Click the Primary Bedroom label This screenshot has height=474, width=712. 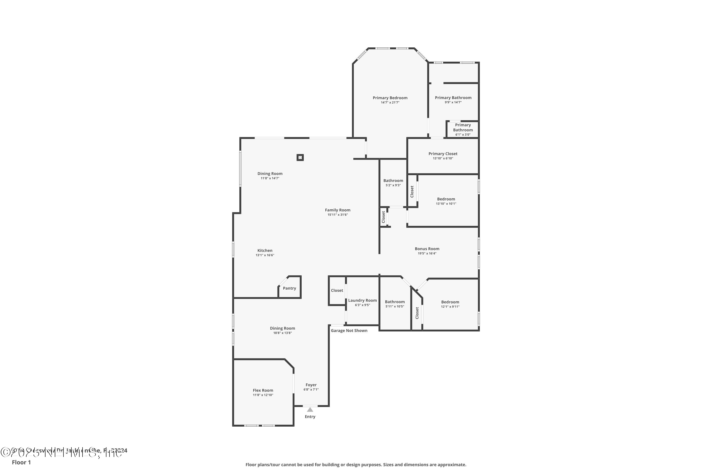(390, 98)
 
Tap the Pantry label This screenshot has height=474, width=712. (289, 288)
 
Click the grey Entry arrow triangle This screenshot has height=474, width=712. (310, 410)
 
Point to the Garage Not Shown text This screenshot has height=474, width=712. (349, 330)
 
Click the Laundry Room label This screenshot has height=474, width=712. (362, 300)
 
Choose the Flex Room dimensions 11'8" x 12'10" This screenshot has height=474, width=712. (263, 395)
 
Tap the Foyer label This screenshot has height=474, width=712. (311, 385)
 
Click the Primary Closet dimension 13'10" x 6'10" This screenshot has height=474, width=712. (443, 158)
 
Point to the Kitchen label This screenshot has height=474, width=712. (265, 250)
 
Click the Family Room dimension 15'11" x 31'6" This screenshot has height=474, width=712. (337, 215)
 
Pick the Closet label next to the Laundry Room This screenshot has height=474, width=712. (337, 290)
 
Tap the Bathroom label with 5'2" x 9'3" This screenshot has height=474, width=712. (393, 180)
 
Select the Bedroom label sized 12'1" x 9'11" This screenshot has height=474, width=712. (450, 302)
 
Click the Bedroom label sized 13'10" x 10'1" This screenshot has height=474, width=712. (446, 199)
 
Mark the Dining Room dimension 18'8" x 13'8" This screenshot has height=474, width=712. (282, 333)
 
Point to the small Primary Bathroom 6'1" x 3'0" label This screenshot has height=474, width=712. (463, 128)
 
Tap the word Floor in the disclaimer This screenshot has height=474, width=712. (251, 465)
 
